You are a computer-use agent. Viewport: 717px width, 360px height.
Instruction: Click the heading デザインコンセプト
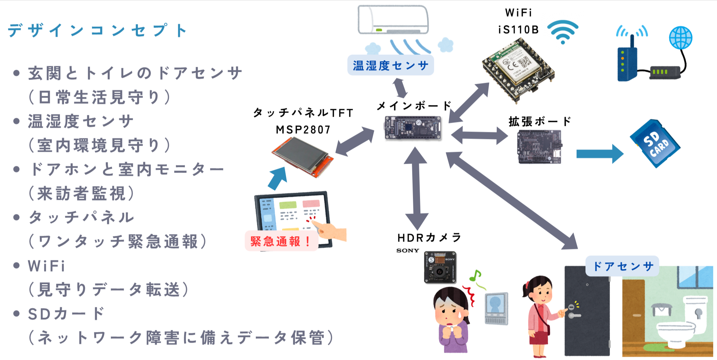click(98, 30)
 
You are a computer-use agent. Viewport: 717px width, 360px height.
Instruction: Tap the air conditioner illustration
click(393, 20)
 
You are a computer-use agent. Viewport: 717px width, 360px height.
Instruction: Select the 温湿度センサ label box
click(390, 65)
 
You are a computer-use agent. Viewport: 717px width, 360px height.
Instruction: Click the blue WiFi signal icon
click(562, 31)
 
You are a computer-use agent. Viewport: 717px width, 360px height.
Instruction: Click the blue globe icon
click(681, 37)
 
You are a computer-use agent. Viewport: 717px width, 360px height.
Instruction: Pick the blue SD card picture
click(655, 143)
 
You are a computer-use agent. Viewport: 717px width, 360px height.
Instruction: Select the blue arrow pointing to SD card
click(600, 154)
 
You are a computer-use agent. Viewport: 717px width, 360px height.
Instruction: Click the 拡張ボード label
click(540, 121)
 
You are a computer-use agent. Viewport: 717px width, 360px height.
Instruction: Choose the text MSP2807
click(303, 130)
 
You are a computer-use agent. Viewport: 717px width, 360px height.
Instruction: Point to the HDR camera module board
click(440, 267)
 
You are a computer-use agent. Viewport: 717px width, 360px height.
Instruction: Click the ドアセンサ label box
click(622, 266)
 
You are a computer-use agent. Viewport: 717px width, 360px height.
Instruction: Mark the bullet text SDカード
click(66, 313)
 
